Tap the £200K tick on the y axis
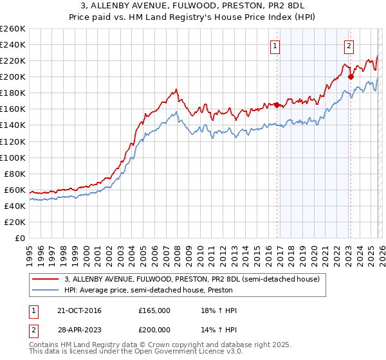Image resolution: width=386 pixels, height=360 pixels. pos(13,76)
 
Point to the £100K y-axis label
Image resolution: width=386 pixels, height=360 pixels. pos(13,157)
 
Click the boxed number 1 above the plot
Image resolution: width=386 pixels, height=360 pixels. pos(275,46)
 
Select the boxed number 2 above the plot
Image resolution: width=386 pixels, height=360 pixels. pos(349,46)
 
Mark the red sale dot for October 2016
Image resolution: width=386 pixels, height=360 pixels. pos(277,105)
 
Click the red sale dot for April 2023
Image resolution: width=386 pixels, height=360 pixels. pos(351,76)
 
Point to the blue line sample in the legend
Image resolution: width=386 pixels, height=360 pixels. pos(46,291)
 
